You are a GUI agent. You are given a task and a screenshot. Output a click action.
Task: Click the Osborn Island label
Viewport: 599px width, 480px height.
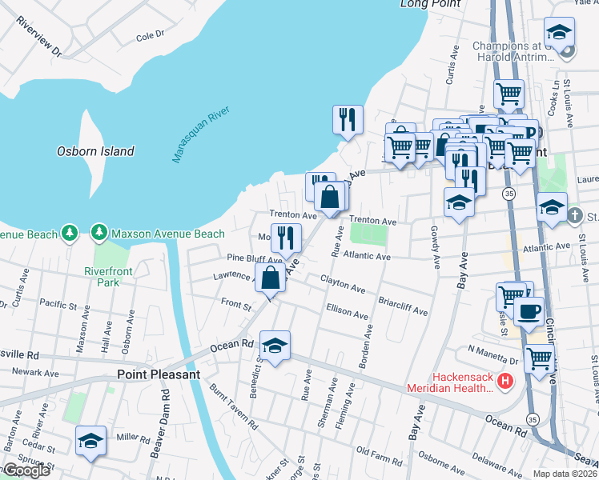tap(95, 150)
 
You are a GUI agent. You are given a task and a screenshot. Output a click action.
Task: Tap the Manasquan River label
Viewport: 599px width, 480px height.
tap(201, 134)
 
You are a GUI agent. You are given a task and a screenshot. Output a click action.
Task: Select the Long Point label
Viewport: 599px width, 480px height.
tap(431, 4)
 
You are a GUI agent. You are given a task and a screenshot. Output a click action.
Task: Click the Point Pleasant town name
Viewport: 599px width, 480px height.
tap(158, 374)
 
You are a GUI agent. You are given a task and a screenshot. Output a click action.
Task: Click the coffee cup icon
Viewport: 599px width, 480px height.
tap(529, 310)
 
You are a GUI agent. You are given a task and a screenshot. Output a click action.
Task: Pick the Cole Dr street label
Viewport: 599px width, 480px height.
tap(150, 36)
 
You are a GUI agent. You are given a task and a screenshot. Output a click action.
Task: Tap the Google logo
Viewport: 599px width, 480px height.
tap(26, 471)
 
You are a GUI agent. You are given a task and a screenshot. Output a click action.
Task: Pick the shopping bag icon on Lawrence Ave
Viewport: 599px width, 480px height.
tap(271, 278)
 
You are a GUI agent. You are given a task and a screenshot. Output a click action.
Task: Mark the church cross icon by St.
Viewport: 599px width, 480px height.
tap(575, 215)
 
